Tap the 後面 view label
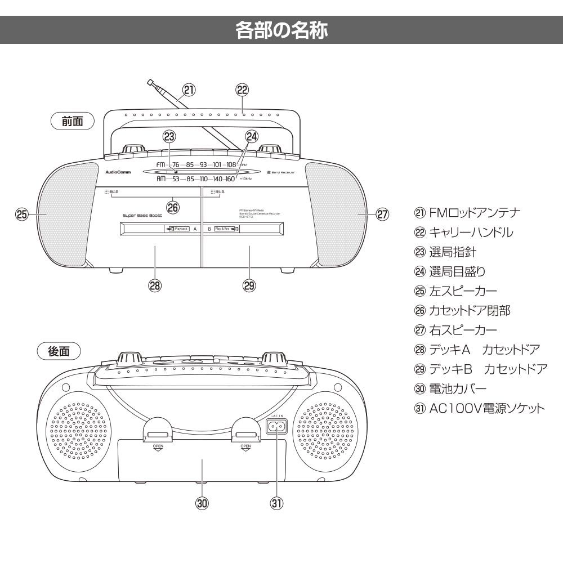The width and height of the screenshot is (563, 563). (59, 351)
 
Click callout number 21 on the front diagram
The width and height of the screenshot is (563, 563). (189, 90)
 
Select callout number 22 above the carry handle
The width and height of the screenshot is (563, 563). (242, 90)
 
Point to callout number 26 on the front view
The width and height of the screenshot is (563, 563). (173, 207)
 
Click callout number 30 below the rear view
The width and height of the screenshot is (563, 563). (202, 502)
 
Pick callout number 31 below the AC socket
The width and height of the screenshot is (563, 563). (276, 502)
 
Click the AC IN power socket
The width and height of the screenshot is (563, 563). (276, 427)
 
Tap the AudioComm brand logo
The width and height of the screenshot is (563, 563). (118, 172)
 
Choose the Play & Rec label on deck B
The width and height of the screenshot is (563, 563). (225, 229)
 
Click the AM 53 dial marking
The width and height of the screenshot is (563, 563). (176, 179)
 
